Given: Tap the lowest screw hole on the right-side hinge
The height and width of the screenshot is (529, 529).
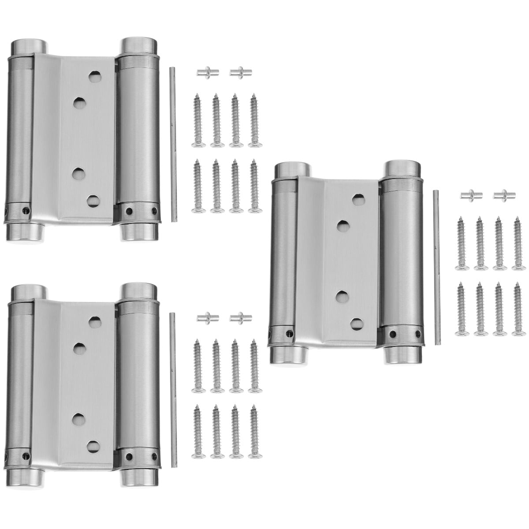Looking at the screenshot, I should [x=357, y=323].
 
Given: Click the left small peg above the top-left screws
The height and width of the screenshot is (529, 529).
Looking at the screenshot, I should [x=205, y=71].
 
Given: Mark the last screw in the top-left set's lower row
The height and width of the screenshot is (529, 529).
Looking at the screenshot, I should [x=254, y=186].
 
